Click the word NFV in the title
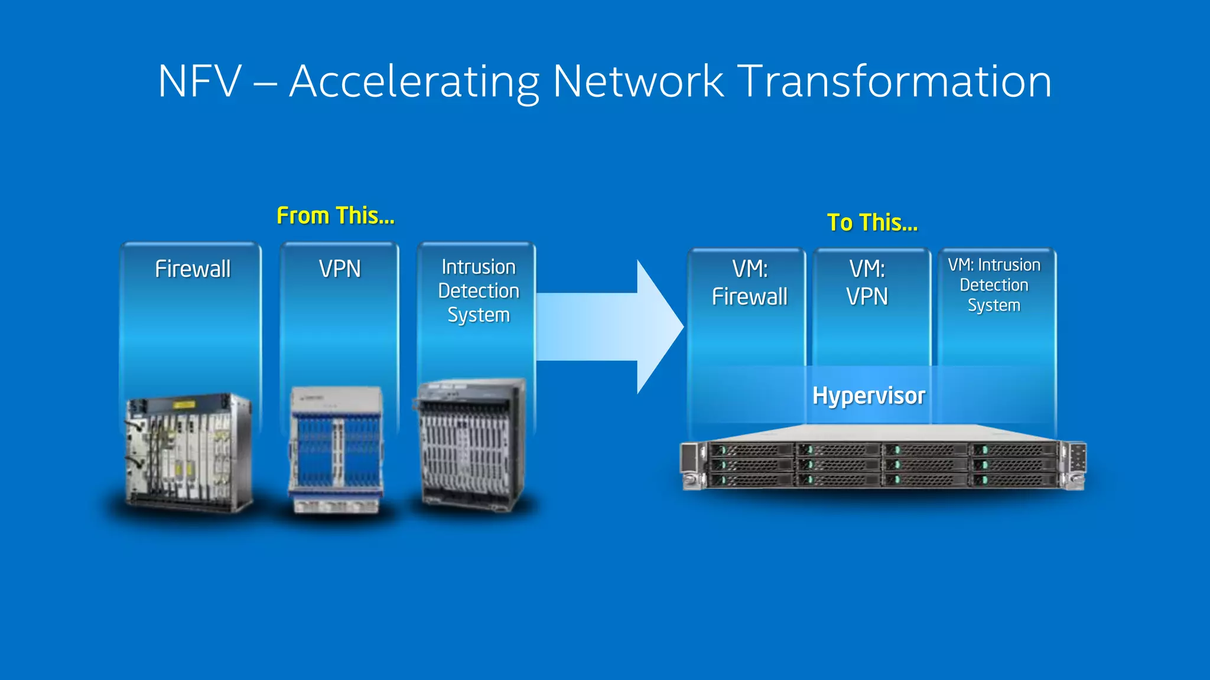click(200, 81)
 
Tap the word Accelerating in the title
click(414, 81)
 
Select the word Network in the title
click(638, 81)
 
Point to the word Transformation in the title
click(895, 81)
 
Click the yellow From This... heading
click(336, 216)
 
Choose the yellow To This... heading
click(872, 223)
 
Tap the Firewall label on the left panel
click(193, 269)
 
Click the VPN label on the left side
click(340, 269)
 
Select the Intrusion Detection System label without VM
click(479, 291)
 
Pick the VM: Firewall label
click(749, 283)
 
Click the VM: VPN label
click(867, 283)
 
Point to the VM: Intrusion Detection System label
click(994, 285)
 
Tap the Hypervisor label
click(869, 395)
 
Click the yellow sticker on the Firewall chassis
click(184, 405)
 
